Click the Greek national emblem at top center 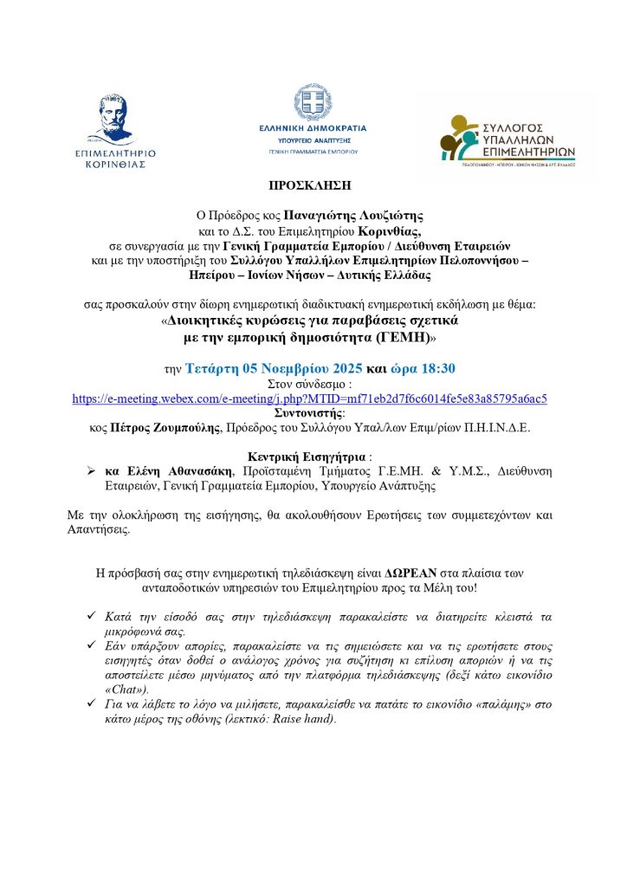click(x=312, y=102)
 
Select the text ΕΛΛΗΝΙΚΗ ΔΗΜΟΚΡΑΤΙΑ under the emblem click(x=313, y=129)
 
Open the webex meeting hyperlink click(x=309, y=398)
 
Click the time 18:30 click(x=437, y=368)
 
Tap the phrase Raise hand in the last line click(x=306, y=719)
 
